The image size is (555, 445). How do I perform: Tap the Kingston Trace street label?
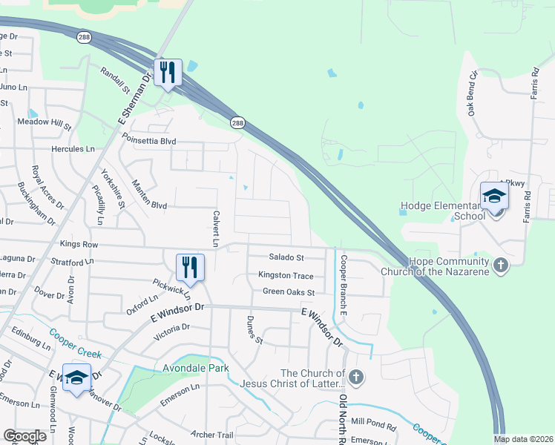click(x=286, y=275)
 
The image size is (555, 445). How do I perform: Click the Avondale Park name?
click(x=196, y=368)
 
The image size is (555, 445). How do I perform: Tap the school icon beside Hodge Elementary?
click(x=494, y=197)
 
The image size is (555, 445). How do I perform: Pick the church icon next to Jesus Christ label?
click(x=356, y=378)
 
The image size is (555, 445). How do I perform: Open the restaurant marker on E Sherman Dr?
click(x=168, y=72)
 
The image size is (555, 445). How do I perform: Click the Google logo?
click(x=24, y=436)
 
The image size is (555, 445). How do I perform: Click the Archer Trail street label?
click(x=212, y=435)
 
